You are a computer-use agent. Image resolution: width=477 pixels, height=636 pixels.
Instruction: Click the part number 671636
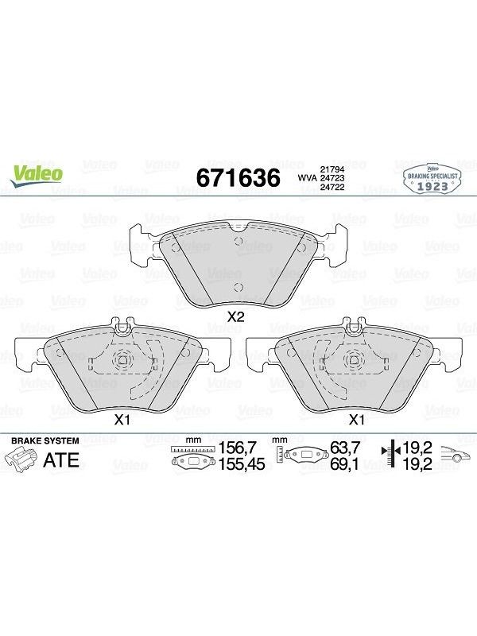tap(238, 177)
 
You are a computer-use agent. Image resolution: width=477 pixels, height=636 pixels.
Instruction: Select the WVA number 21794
tap(332, 169)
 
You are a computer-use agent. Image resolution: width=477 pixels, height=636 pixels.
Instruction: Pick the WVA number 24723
tap(332, 178)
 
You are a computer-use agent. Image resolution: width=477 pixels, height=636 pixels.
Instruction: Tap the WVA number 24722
tap(332, 187)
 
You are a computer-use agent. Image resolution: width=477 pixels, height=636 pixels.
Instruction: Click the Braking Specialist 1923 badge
tap(432, 179)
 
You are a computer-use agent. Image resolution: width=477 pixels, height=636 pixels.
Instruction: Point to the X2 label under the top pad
tap(235, 316)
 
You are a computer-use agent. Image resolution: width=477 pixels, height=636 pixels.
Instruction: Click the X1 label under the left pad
tap(122, 420)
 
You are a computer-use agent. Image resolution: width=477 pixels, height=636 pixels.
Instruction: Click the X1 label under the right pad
tap(356, 420)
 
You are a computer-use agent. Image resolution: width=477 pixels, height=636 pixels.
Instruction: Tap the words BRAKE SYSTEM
tap(45, 440)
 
